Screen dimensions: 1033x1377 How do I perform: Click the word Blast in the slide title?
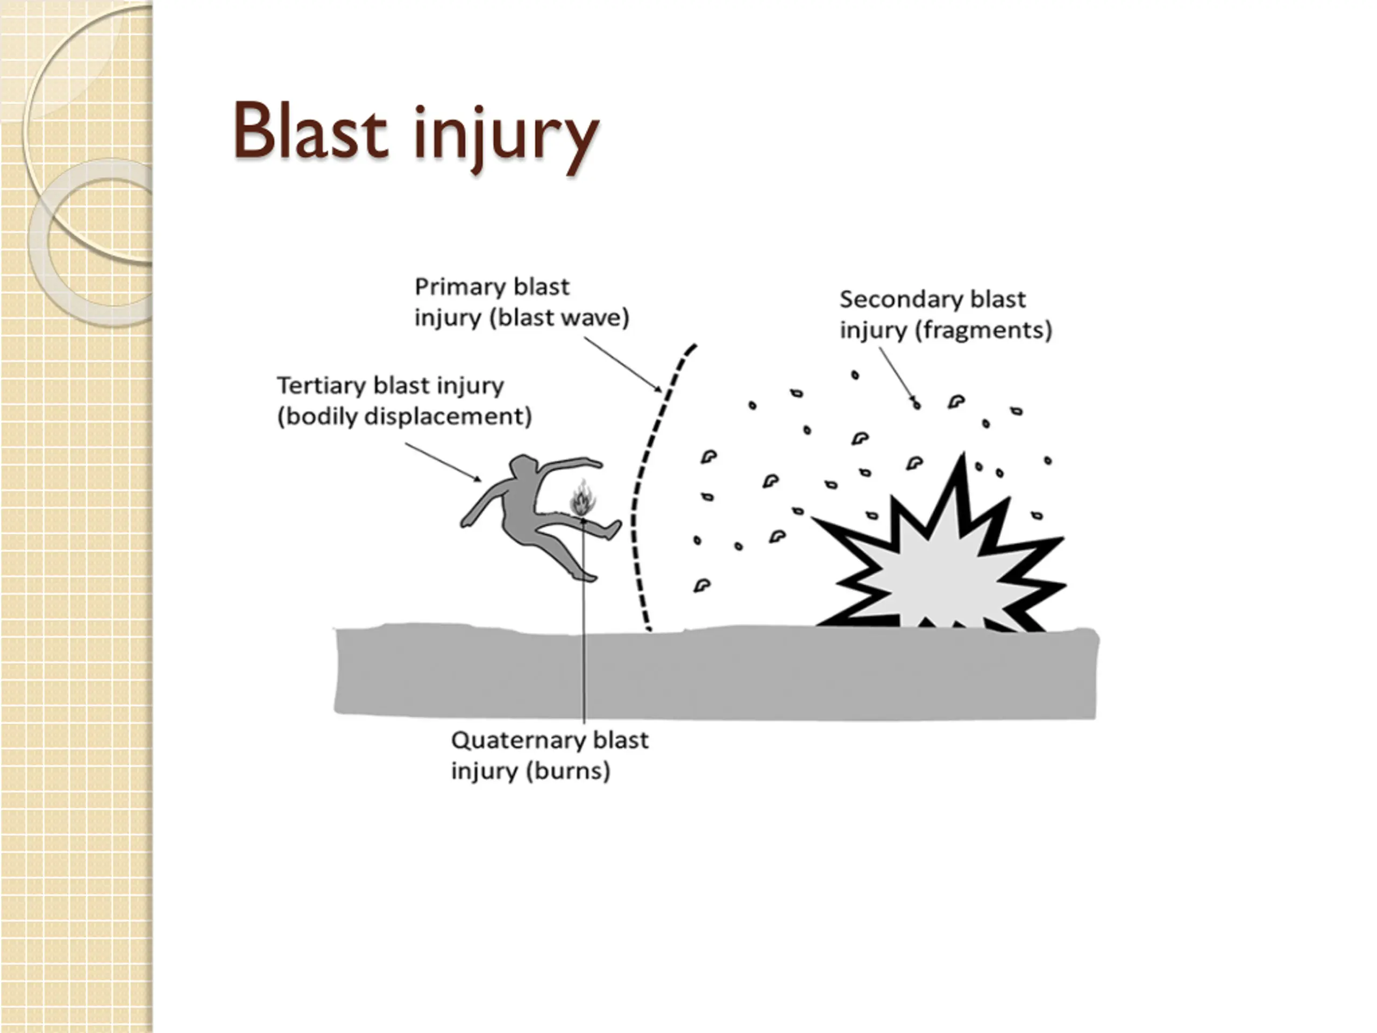click(310, 132)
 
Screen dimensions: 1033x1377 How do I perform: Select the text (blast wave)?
click(558, 318)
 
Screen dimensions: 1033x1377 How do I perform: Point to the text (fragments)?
click(982, 330)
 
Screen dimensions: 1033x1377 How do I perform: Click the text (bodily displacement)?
click(404, 416)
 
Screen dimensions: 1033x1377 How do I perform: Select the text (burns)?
click(567, 772)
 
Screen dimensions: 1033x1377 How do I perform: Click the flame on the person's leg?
click(583, 498)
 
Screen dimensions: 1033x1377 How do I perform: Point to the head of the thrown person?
click(523, 466)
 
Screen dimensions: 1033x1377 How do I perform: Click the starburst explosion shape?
click(940, 561)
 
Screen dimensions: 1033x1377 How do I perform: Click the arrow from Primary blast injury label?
click(622, 365)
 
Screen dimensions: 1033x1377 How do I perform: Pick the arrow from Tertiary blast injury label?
click(443, 462)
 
